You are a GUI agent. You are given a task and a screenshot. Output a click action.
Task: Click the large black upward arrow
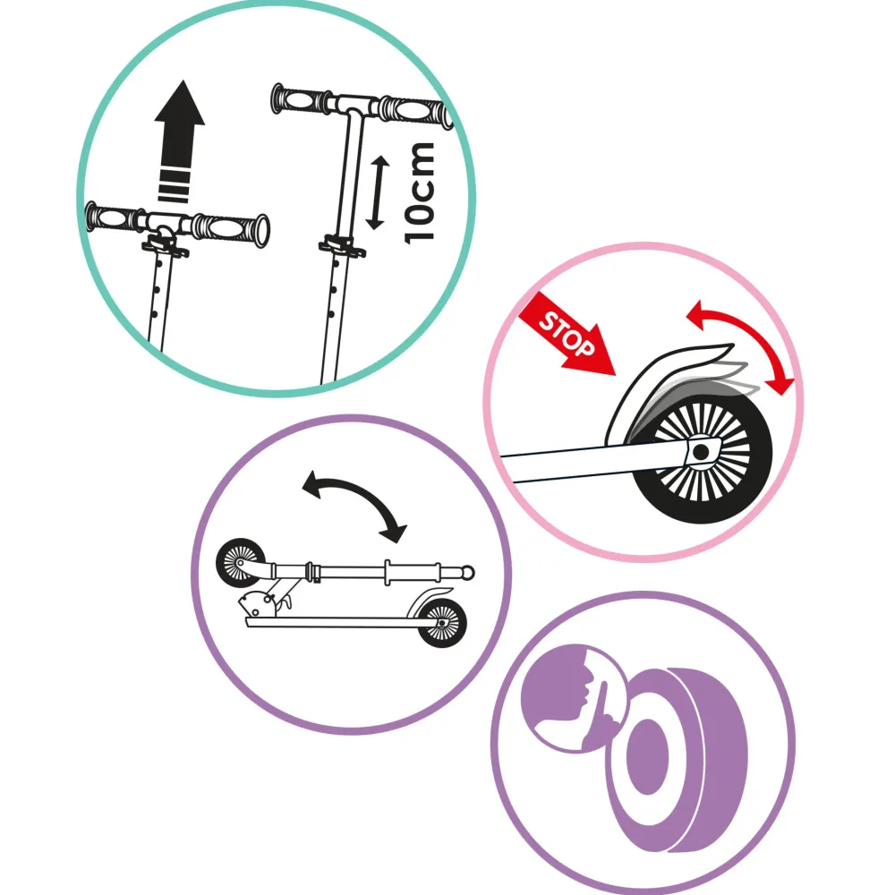click(x=179, y=141)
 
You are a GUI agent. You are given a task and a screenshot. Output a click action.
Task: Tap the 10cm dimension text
click(x=420, y=193)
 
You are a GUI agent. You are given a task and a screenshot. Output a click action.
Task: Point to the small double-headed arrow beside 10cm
click(x=377, y=193)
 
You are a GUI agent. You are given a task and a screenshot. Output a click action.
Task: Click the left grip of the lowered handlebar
click(x=113, y=217)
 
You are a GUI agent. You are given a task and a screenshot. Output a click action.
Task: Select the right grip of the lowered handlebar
click(x=231, y=227)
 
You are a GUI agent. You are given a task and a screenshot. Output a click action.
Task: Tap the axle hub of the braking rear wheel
click(x=701, y=452)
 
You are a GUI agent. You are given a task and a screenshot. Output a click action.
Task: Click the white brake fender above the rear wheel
click(x=656, y=388)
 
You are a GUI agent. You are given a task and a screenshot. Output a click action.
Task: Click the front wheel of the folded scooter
click(x=241, y=563)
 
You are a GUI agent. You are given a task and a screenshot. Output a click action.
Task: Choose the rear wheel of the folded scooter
click(x=442, y=623)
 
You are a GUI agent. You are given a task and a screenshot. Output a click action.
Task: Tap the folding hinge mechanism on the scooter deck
click(x=262, y=603)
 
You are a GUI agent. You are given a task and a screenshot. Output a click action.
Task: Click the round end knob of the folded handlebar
click(x=467, y=572)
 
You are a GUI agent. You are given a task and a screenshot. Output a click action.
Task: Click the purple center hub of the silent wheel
click(x=647, y=756)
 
